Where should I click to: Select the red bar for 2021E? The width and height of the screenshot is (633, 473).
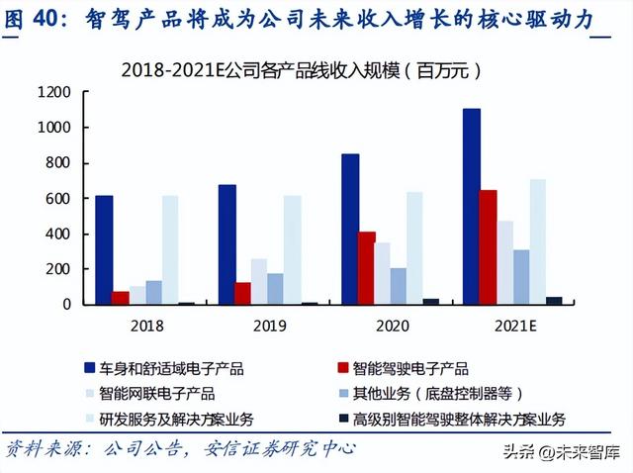pos(488,246)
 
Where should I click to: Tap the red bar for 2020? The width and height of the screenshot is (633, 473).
pos(367,267)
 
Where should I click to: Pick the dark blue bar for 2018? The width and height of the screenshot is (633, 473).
pos(105,249)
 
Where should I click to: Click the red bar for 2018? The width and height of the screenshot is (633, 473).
pos(121,297)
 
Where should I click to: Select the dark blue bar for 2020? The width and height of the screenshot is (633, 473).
pos(350,229)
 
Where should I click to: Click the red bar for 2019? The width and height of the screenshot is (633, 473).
pos(243,293)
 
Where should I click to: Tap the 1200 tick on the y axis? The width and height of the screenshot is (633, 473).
pos(55,92)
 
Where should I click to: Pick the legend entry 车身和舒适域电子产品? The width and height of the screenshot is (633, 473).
pos(173,368)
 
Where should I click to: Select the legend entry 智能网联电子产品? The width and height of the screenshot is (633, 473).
pos(157,393)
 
